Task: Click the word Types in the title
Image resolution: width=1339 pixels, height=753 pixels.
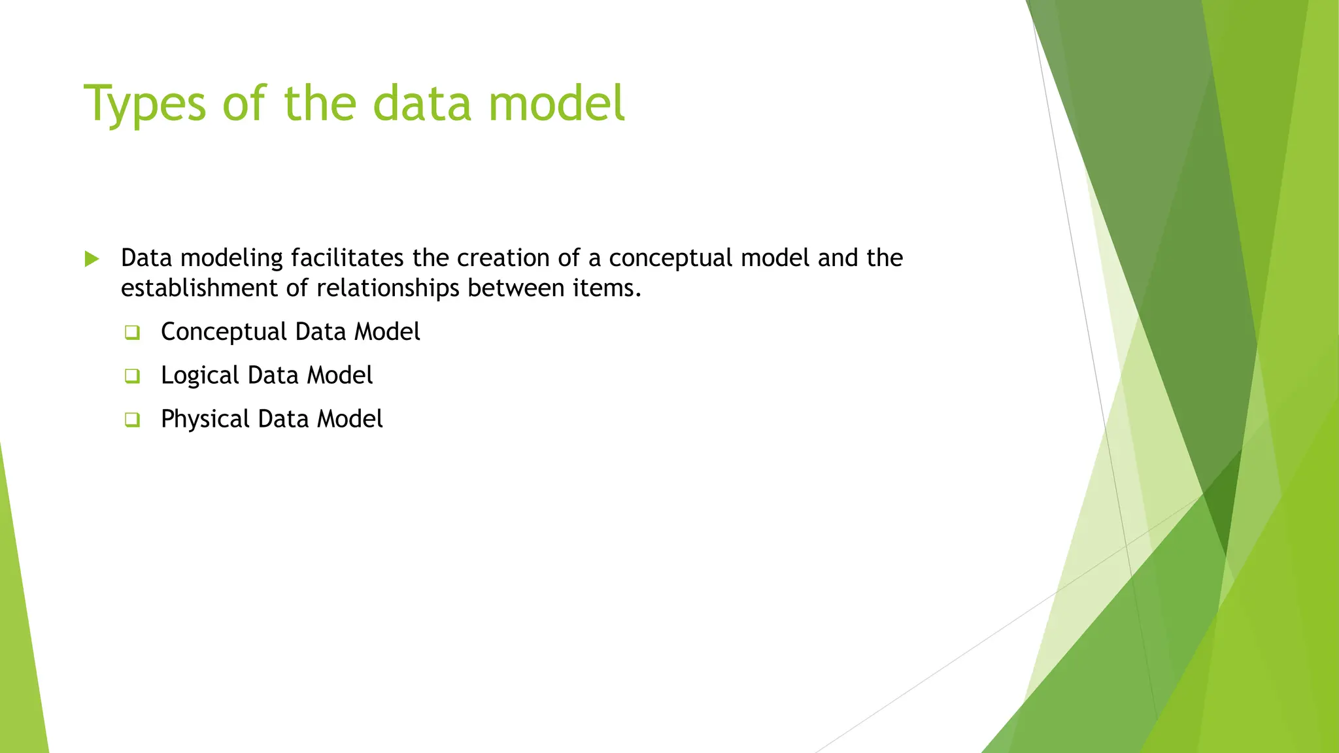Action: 144,105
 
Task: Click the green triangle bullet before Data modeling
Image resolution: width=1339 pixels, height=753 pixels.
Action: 92,259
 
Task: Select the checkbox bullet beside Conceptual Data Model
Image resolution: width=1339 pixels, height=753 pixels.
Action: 132,333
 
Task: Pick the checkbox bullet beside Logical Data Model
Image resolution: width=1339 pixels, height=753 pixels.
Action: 132,376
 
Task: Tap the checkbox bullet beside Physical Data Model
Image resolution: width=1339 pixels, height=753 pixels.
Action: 132,420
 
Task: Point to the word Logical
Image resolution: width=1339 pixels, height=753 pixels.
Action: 201,376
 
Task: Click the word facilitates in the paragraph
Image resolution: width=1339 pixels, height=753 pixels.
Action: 347,258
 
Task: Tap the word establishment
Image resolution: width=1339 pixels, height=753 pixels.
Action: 200,288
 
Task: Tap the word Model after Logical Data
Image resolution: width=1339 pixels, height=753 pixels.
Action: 340,376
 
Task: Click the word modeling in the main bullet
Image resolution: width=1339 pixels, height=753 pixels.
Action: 231,259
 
